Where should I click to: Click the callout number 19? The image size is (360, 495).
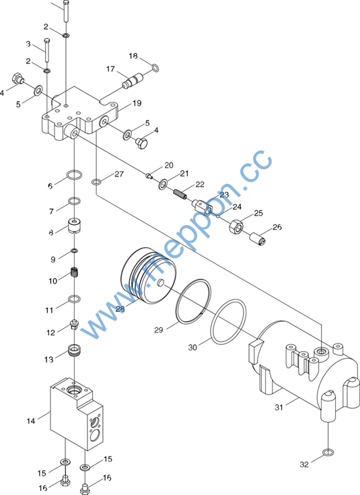137,103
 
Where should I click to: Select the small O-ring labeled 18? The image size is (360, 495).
155,67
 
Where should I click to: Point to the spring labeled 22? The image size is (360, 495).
180,193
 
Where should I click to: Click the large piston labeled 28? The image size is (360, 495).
149,275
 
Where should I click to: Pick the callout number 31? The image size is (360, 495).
279,407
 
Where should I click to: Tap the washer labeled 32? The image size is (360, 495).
328,453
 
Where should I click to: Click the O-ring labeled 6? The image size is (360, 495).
75,174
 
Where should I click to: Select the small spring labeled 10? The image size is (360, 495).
75,272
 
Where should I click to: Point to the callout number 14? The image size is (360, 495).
30,421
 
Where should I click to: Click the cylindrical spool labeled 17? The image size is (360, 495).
132,81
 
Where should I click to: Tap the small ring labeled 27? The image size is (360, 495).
96,182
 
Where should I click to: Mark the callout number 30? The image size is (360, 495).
192,348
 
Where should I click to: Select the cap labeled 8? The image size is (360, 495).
75,226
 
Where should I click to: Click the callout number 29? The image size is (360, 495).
158,330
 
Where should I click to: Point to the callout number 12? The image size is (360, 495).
50,333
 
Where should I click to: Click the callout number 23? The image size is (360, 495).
224,195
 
